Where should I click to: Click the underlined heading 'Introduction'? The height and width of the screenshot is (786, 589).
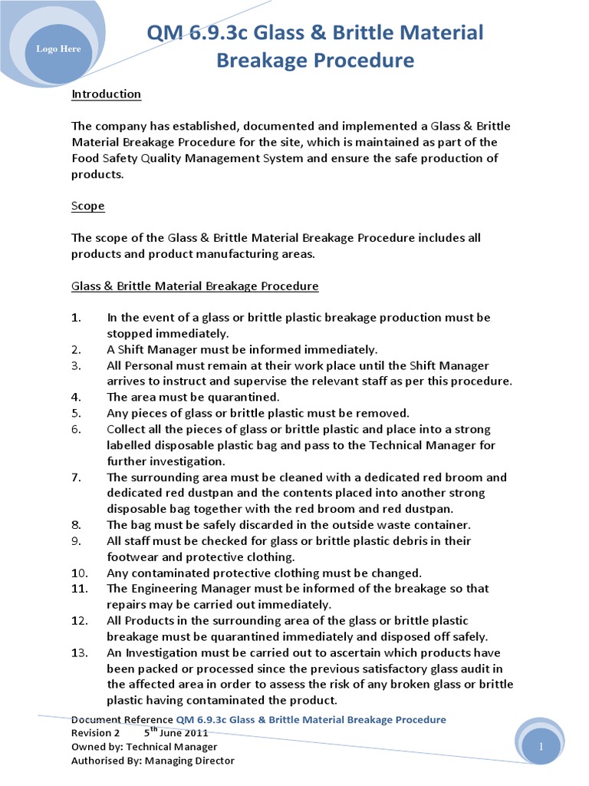point(106,94)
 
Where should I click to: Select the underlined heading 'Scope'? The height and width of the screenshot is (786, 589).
point(88,206)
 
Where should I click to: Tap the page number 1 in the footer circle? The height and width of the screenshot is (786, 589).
point(541,747)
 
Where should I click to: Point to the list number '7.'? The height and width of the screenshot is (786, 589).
point(76,477)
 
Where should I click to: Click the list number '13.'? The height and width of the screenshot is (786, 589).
point(79,652)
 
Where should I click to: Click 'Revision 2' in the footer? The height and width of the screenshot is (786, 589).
point(96,733)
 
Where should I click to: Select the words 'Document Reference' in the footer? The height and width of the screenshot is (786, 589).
point(122,719)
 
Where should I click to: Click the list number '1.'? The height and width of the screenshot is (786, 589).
point(76,317)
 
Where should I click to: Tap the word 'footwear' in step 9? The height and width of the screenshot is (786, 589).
point(130,556)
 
